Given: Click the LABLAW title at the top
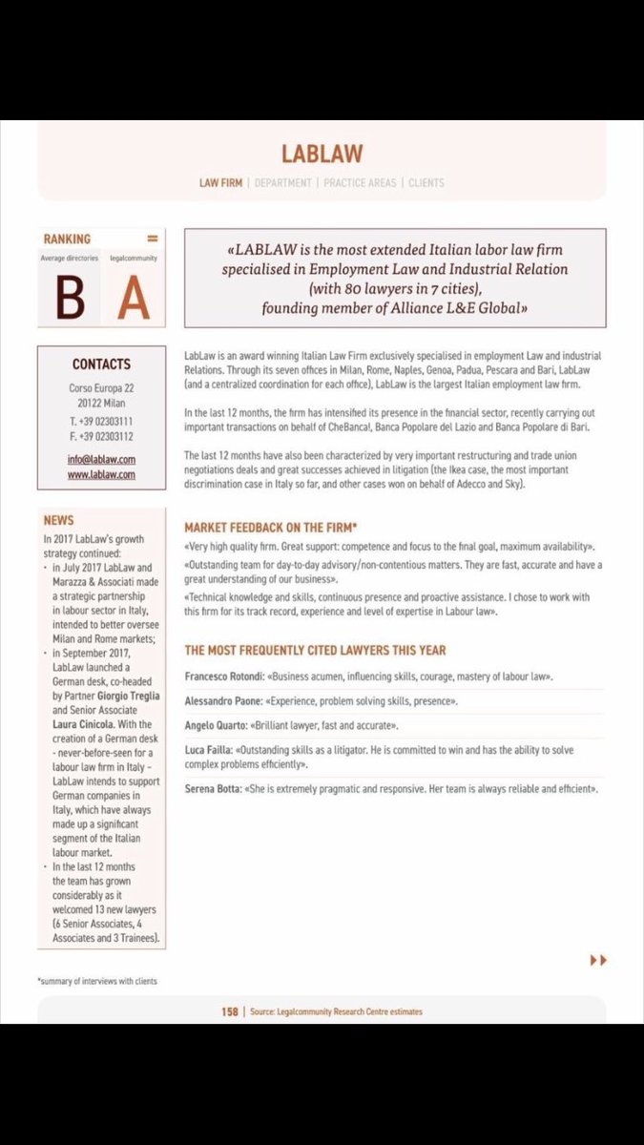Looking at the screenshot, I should [x=322, y=154].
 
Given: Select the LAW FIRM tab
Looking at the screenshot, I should [x=219, y=182].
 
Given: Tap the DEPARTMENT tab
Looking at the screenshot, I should [x=283, y=182].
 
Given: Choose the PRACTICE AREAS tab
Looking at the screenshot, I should [x=359, y=182].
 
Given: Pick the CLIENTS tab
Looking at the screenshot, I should [x=426, y=182].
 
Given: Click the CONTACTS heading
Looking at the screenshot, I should [x=101, y=364].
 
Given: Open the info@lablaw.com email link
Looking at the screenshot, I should [x=102, y=459].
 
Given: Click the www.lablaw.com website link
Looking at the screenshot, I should [x=102, y=473].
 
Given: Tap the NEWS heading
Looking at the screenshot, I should [x=59, y=521].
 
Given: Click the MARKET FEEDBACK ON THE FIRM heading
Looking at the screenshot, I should [x=272, y=526].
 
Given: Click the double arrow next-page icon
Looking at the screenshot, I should [x=598, y=960].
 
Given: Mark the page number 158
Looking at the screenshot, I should [x=230, y=1011].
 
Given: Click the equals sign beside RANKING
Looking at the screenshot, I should [x=152, y=239].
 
